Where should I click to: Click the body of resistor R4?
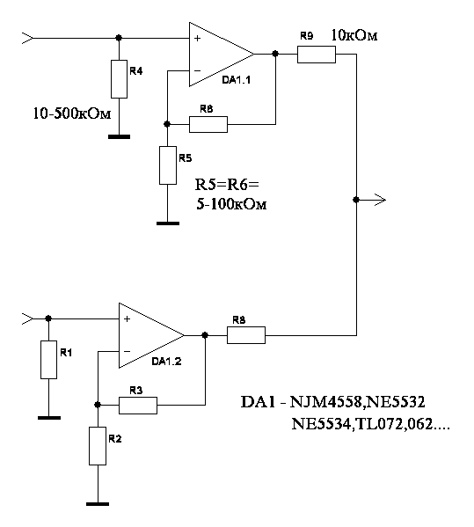pos(120,79)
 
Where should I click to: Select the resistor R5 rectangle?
pos(168,165)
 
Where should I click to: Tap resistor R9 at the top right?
pos(317,55)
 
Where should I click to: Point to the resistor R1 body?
pos(48,360)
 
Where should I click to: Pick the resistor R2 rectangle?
pos(98,446)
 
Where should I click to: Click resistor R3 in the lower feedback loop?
pos(138,406)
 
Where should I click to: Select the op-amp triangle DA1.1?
pos(222,55)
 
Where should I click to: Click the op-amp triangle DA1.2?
pos(151,335)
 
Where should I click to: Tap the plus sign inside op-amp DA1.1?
pos(198,39)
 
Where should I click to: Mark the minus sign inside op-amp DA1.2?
pos(127,352)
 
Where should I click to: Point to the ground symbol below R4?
pos(120,136)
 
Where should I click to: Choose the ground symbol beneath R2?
pos(98,504)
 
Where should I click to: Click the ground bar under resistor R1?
pos(49,418)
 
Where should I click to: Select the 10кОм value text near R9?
pos(354,35)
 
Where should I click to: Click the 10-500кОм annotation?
pos(72,113)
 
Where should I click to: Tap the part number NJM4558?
pos(325,402)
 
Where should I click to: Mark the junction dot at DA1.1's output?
pos(275,54)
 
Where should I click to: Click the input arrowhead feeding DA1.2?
pos(27,318)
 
